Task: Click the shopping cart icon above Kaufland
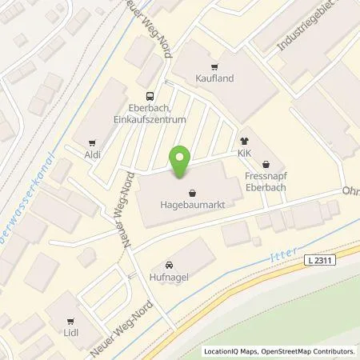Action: pyautogui.click(x=213, y=68)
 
